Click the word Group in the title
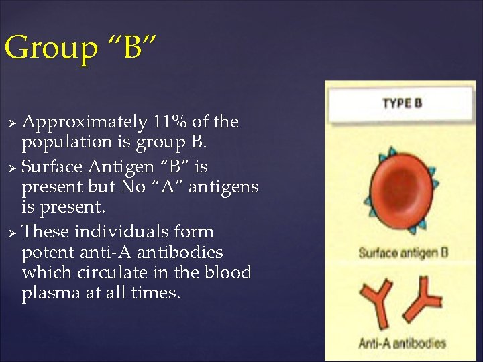[42, 49]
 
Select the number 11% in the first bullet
[170, 123]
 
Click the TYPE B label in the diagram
[402, 103]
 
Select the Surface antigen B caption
[403, 253]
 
